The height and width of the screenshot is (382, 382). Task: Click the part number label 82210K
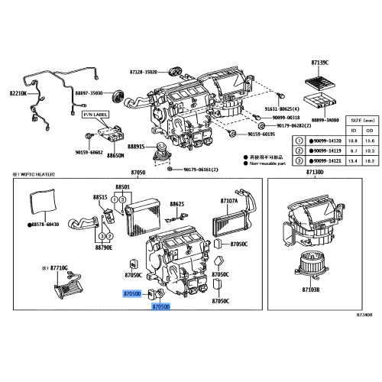(18, 93)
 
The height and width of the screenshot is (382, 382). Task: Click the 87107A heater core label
(229, 201)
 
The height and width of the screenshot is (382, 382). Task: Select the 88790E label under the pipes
(104, 248)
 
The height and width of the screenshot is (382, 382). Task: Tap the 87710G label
(56, 269)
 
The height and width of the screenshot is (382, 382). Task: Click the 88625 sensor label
(177, 204)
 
